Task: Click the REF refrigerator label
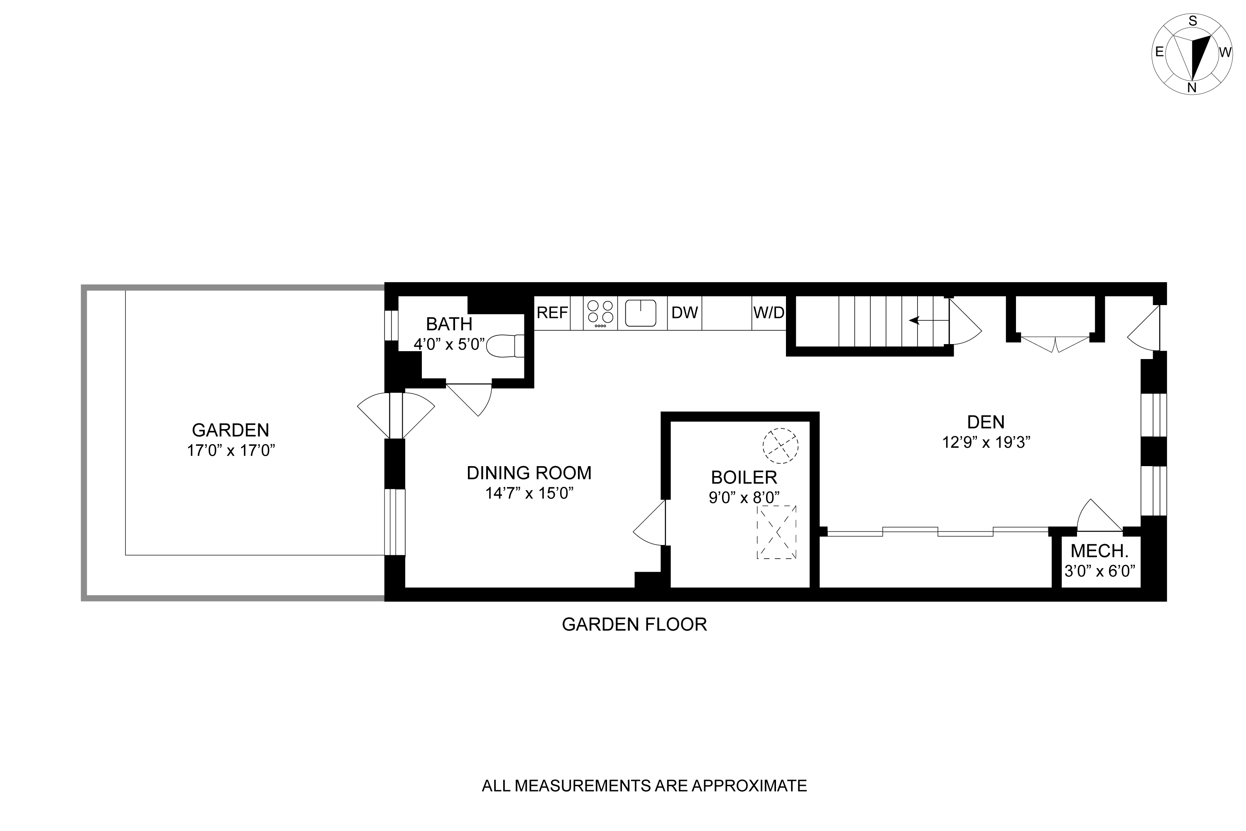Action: [x=552, y=313]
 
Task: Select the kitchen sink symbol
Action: [x=641, y=313]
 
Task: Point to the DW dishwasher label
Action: [x=684, y=313]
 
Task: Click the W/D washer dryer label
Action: [x=769, y=313]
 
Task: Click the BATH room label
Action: [x=449, y=323]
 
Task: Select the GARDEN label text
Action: [x=230, y=429]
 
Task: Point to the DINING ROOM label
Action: [x=529, y=473]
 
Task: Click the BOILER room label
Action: [x=744, y=477]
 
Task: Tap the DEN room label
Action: [x=986, y=422]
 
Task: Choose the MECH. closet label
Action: [x=1099, y=551]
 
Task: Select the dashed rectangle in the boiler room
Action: [x=776, y=532]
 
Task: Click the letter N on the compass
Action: [x=1192, y=88]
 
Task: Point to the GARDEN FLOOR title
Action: [x=634, y=624]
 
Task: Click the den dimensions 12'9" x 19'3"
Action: [x=986, y=442]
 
